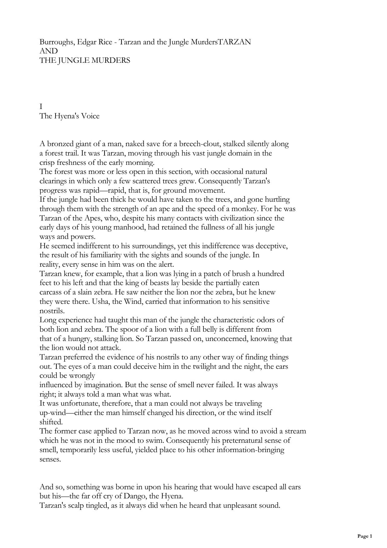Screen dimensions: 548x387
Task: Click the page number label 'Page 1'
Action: pyautogui.click(x=365, y=536)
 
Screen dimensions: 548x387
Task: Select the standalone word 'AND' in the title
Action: pyautogui.click(x=48, y=51)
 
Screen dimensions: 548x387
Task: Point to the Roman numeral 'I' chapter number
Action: pyautogui.click(x=41, y=107)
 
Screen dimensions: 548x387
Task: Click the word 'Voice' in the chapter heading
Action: pyautogui.click(x=90, y=116)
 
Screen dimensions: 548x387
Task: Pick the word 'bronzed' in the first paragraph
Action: pyautogui.click(x=61, y=144)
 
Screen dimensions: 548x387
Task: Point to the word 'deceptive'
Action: pyautogui.click(x=272, y=246)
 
